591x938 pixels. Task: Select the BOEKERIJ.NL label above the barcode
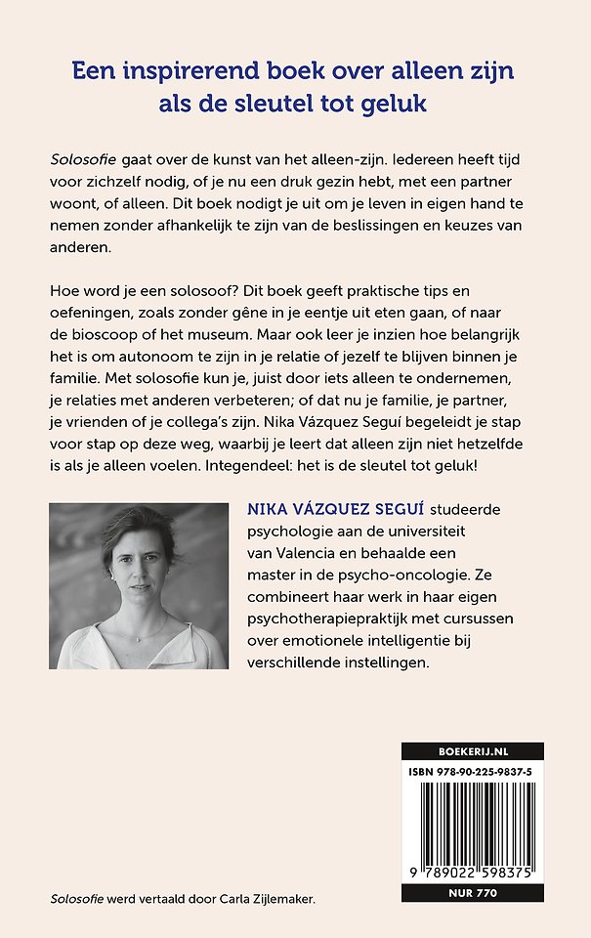(x=472, y=751)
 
